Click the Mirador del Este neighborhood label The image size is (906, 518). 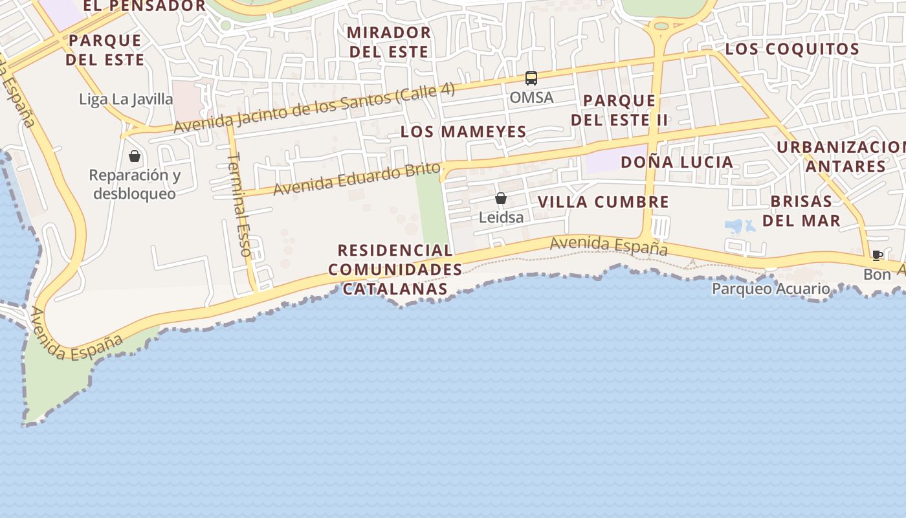coord(388,42)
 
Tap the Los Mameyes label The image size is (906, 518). coord(463,132)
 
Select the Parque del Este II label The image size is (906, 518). coord(619,111)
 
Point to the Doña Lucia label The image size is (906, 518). coord(677,163)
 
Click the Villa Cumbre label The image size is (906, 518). coord(603,202)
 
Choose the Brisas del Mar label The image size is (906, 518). coord(801,210)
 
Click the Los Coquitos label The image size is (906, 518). coord(792,49)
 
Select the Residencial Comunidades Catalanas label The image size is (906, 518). coord(395,269)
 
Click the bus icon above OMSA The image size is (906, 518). coord(531,78)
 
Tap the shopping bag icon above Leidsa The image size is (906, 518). coord(501,198)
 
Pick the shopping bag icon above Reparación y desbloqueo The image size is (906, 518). coord(135,156)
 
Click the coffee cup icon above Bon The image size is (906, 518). coord(877,255)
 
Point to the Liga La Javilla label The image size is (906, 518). coord(126,99)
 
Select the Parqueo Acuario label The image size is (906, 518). coord(771,289)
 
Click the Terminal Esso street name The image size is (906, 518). coord(240,205)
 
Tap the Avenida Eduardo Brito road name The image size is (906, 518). coord(356,179)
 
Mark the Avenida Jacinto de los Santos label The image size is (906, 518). coord(314,108)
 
